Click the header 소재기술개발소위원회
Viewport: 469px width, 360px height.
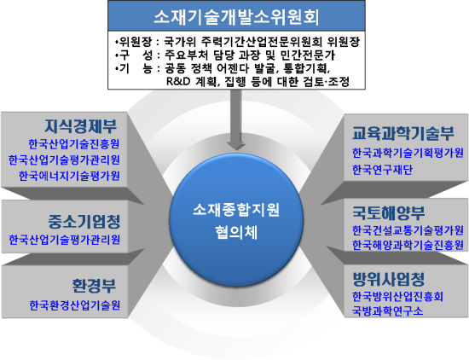click(x=236, y=16)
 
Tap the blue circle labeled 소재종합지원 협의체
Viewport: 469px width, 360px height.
click(x=236, y=220)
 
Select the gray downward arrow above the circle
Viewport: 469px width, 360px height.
click(x=236, y=119)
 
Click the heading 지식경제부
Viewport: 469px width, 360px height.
click(x=80, y=126)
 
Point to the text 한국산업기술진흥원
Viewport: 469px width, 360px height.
click(x=74, y=144)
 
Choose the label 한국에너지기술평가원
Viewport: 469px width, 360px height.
click(x=69, y=176)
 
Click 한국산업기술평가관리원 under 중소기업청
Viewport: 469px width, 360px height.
click(x=64, y=240)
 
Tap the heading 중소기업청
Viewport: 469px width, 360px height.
click(x=84, y=222)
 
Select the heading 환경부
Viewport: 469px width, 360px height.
click(x=94, y=286)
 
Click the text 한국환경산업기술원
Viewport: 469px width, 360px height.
click(x=75, y=305)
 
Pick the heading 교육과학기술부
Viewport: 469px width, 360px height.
click(x=403, y=133)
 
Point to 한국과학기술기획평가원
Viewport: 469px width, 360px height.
click(x=408, y=154)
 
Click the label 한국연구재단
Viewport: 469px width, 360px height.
click(x=382, y=170)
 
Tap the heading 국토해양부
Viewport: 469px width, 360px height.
click(x=389, y=212)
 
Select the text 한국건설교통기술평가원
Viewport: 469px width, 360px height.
click(x=408, y=230)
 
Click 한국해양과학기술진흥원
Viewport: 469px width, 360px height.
click(x=408, y=245)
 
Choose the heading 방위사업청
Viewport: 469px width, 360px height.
click(x=389, y=279)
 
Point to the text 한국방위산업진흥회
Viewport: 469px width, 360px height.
click(x=397, y=297)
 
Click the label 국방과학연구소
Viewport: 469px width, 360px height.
click(x=388, y=311)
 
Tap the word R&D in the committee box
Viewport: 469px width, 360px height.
click(x=178, y=81)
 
